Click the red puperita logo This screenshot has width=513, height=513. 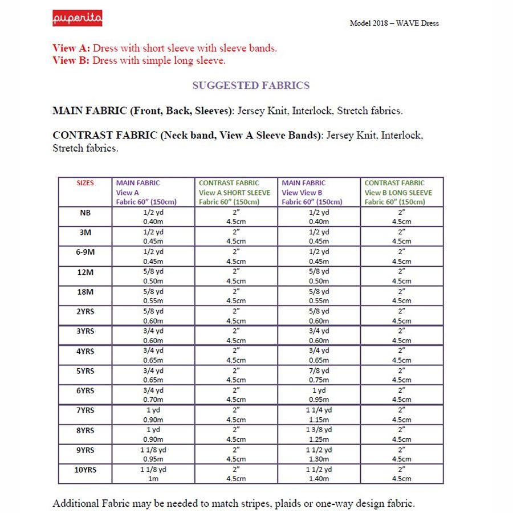click(78, 18)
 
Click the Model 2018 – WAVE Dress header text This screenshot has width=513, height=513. click(394, 23)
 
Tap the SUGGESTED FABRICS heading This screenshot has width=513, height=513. click(251, 85)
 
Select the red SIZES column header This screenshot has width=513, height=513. click(85, 183)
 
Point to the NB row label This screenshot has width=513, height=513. click(85, 213)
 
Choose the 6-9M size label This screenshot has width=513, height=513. click(85, 252)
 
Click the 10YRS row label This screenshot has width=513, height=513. click(85, 470)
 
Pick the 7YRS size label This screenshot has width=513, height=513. click(85, 411)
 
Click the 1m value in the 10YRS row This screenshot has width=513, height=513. click(153, 479)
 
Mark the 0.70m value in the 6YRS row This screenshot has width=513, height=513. click(153, 400)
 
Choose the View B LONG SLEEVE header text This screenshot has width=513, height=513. click(398, 193)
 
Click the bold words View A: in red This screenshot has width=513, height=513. click(72, 48)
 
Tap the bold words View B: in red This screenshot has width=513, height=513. click(71, 60)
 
